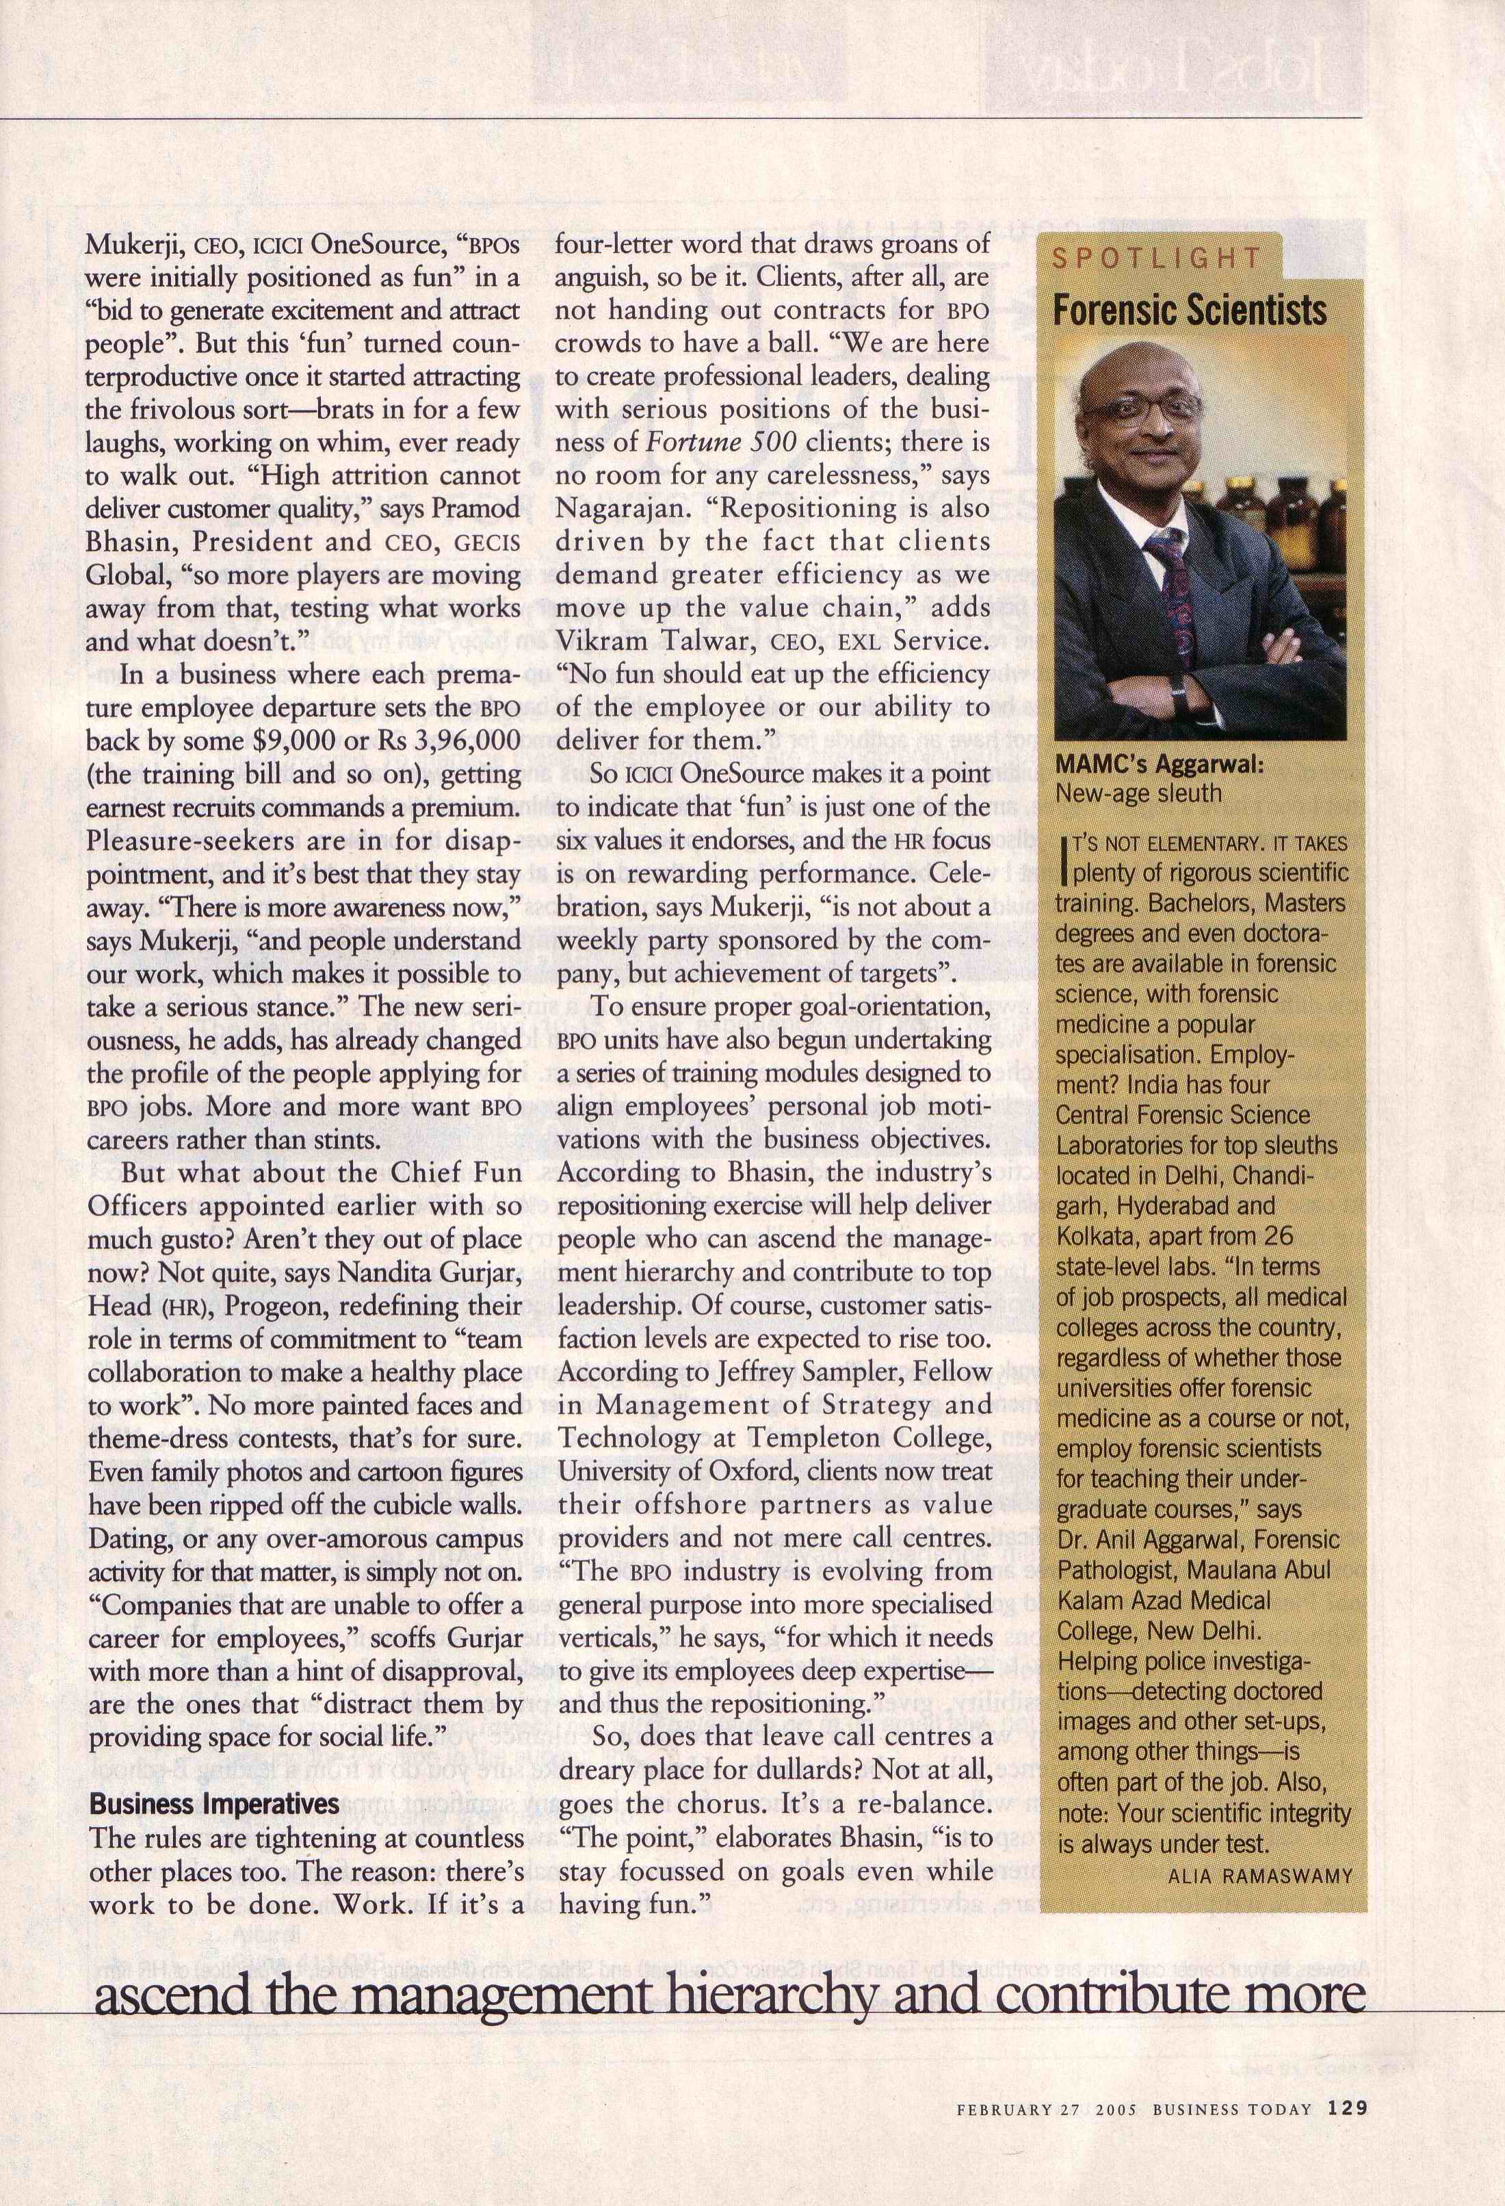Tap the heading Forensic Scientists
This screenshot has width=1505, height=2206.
pos(1190,311)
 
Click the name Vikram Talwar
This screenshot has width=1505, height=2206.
pos(649,641)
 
